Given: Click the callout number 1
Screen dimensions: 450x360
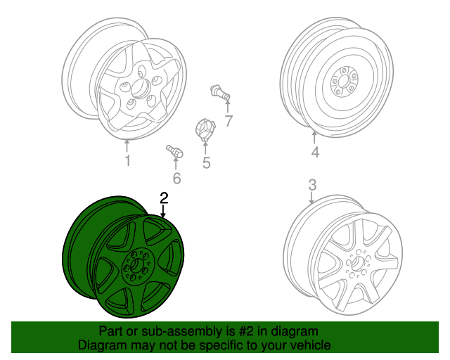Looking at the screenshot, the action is point(128,161).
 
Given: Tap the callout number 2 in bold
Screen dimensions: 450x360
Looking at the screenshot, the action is point(164,198).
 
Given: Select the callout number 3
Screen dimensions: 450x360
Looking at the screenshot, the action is point(312,185).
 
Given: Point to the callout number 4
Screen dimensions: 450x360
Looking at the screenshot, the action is point(315,152).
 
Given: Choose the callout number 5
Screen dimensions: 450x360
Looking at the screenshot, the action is point(206,163).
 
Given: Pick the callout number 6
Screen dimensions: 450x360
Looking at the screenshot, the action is point(176,179).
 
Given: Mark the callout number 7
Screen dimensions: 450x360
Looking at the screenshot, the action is point(229,121).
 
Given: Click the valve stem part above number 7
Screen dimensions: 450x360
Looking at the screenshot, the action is point(220,93).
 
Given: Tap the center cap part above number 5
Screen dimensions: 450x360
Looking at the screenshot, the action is point(205,129).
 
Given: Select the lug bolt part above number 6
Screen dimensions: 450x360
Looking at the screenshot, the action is point(174,151).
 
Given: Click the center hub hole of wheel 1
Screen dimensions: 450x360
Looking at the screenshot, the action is point(141,87).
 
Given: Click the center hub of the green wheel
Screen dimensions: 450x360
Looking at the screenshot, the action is point(136,264).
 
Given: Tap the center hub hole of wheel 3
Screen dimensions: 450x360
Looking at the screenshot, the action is point(358,263).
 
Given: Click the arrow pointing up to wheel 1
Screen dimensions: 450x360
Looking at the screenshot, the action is point(127,146).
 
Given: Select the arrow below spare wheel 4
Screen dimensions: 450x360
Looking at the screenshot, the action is point(314,137).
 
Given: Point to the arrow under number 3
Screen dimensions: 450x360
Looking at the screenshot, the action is point(312,198).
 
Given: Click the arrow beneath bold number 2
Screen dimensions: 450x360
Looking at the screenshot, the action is point(163,212).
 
